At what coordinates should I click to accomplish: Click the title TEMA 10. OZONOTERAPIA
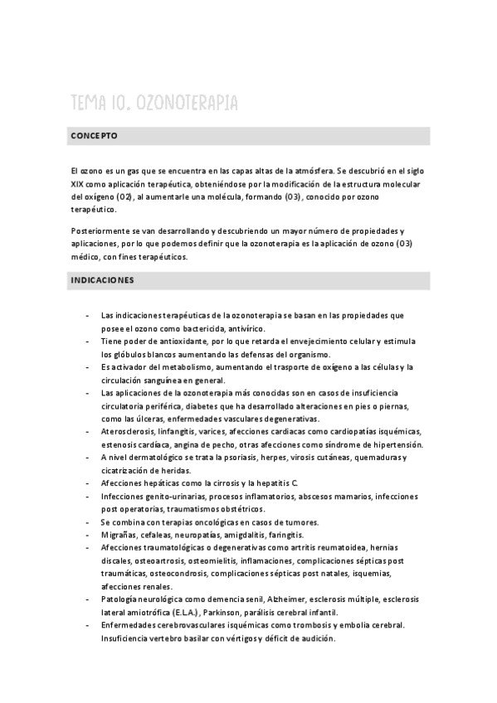pos(154,102)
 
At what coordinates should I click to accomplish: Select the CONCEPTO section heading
pos(94,134)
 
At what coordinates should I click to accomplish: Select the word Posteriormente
pos(100,230)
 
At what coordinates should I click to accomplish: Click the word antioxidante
pos(183,341)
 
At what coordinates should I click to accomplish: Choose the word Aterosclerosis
pos(130,432)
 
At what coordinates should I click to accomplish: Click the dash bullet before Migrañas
pos(88,536)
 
